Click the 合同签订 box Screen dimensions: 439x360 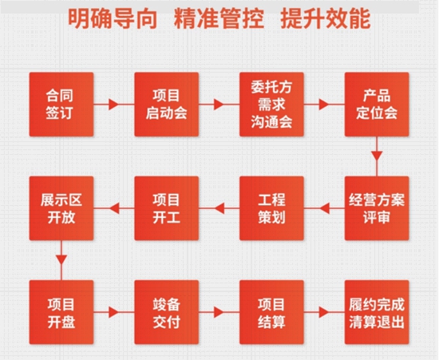pos(61,105)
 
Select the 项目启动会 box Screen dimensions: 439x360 pos(167,105)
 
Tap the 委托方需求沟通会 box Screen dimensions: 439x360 pos(271,105)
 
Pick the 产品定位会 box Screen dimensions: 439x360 pos(377,105)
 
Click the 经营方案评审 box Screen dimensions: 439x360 pos(377,208)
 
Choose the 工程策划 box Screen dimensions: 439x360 pos(271,208)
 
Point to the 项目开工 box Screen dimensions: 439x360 pos(167,208)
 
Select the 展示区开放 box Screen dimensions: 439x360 pos(61,208)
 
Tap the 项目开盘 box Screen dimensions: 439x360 pos(61,312)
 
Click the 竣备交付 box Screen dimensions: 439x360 pos(167,312)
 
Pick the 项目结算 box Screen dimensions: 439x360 pos(271,312)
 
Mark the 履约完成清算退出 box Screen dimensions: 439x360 pos(377,312)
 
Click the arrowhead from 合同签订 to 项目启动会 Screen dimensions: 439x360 pos(113,105)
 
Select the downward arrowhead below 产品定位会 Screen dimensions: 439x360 pos(377,156)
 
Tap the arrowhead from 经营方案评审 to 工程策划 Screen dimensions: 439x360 pos(324,208)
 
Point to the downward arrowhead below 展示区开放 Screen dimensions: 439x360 pos(61,260)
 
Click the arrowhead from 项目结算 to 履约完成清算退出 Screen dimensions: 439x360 pos(324,312)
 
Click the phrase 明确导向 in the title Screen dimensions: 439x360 pos(113,18)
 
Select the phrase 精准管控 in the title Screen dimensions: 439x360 pos(219,18)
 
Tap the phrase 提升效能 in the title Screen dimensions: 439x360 pos(326,18)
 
